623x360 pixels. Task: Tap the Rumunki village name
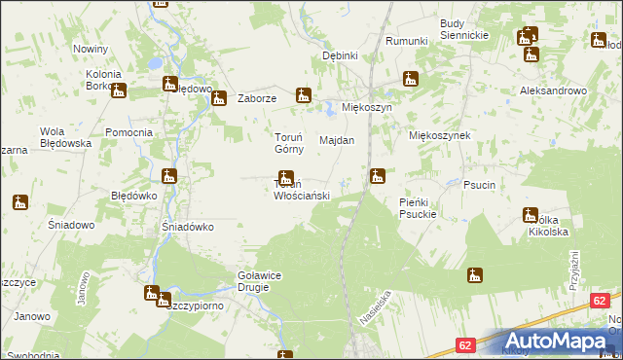pos(407,41)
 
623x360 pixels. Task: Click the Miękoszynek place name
pos(439,136)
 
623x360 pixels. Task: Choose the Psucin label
pos(480,184)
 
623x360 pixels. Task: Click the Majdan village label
pos(337,140)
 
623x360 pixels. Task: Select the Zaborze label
pos(258,98)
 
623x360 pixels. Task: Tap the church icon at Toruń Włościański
pos(286,178)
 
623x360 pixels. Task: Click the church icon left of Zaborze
pos(220,97)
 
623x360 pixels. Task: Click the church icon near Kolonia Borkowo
pos(119,91)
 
